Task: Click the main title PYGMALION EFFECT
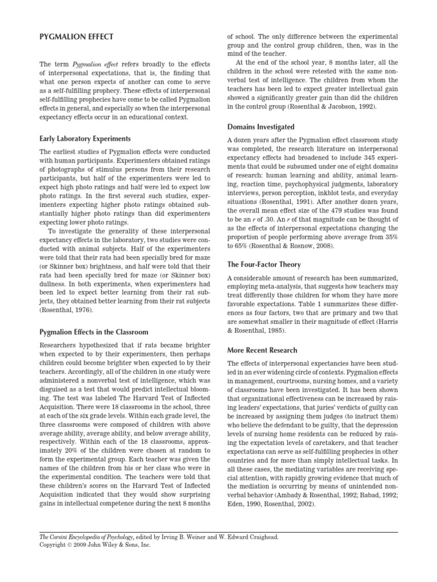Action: pos(76,37)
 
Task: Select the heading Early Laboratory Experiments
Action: pos(85,138)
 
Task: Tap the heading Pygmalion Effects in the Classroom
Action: pos(94,331)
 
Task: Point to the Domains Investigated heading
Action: pos(261,127)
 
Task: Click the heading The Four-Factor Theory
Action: pos(264,264)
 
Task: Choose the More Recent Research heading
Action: pos(262,350)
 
